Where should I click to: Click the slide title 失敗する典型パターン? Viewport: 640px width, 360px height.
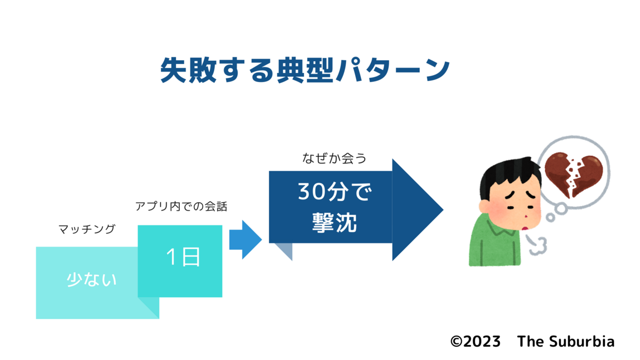305,70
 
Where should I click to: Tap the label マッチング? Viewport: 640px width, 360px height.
87,229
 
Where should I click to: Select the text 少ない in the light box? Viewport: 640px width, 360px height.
91,279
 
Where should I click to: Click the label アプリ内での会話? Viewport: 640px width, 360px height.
181,206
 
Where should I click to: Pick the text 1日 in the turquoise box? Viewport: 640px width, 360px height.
183,257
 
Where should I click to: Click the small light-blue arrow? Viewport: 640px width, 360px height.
245,239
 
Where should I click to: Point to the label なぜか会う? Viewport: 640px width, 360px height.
334,158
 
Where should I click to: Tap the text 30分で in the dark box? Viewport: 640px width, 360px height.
334,191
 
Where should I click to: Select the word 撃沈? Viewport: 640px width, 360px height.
334,222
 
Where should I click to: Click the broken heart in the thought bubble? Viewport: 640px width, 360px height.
573,174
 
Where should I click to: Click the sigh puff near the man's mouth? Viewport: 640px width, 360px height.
537,245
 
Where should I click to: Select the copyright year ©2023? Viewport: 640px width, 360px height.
475,341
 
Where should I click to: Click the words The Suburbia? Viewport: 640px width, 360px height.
566,341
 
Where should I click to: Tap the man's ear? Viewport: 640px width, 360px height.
485,206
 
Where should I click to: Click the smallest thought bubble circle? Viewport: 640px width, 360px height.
550,218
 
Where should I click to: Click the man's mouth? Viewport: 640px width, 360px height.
525,228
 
